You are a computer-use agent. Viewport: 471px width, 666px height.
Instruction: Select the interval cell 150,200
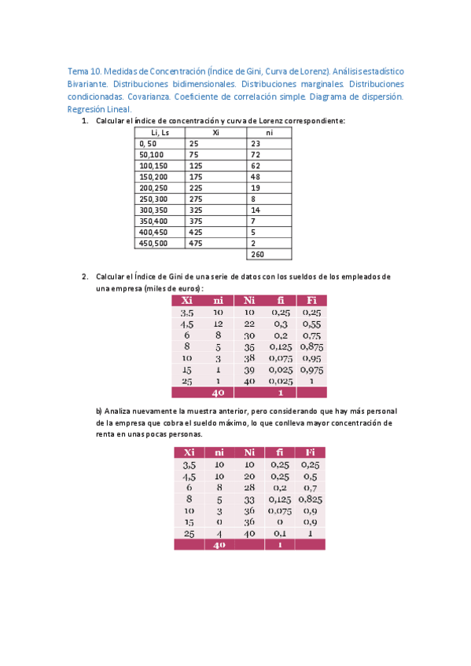[x=153, y=177]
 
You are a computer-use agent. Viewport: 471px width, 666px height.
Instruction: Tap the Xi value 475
[x=196, y=243]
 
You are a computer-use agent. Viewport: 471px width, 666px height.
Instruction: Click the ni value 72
[x=256, y=156]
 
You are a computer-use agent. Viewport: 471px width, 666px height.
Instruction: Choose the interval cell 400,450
[x=153, y=232]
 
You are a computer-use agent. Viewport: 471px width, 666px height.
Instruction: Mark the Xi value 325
[x=196, y=210]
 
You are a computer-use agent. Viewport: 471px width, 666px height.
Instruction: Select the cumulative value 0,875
[x=311, y=346]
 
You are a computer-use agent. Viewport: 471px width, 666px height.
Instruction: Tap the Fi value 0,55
[x=311, y=324]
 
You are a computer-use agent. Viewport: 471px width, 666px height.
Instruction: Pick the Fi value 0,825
[x=311, y=499]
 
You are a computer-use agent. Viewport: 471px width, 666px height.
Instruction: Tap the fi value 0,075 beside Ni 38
[x=279, y=357]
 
